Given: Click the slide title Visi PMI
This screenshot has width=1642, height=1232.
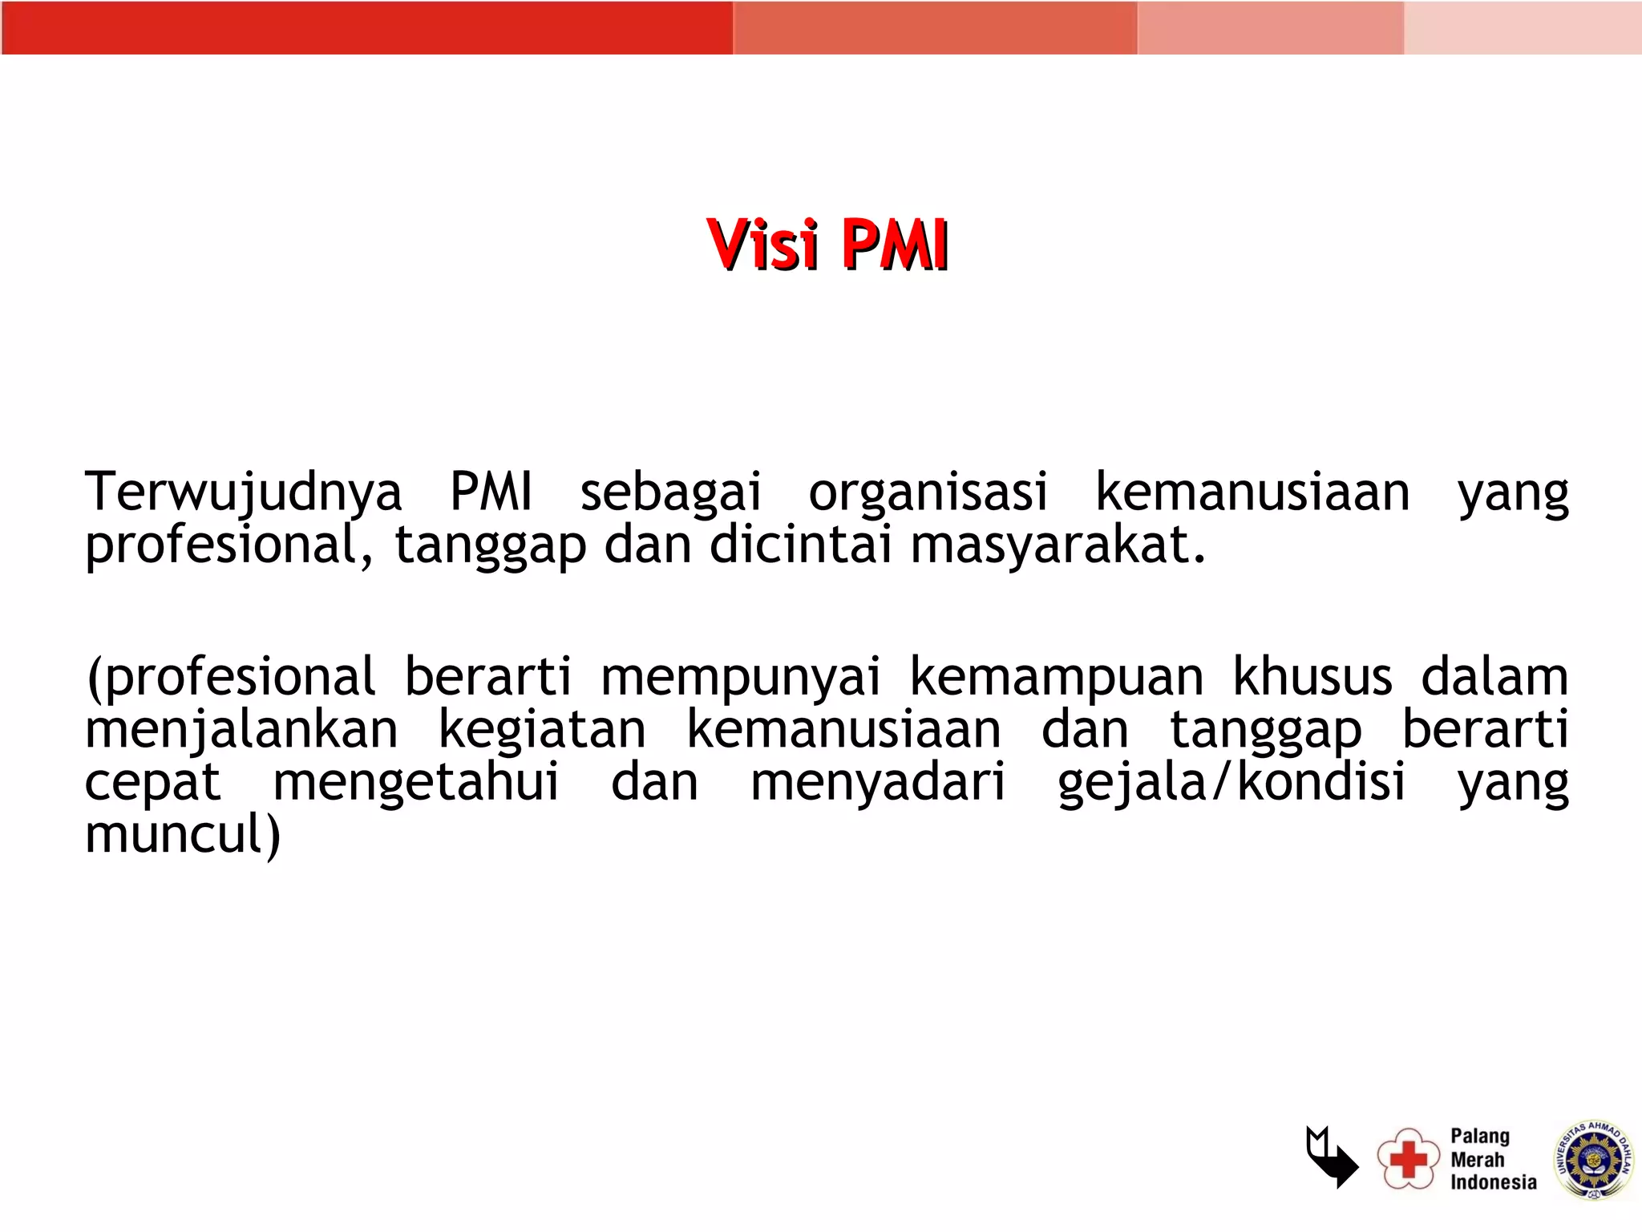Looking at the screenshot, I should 827,245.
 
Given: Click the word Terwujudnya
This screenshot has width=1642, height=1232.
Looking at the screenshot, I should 243,492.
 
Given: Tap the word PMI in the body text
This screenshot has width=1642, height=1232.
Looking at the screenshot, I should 491,492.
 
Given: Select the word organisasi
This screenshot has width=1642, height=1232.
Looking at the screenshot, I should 928,492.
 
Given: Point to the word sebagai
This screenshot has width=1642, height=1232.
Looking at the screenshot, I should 670,493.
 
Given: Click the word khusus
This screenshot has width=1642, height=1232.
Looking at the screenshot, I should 1312,677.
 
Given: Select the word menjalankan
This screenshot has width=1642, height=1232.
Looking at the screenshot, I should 241,731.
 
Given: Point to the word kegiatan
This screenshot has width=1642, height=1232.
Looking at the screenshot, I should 542,731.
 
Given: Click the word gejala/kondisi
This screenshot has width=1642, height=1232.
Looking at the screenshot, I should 1231,783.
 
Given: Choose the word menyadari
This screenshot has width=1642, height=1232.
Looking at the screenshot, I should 877,783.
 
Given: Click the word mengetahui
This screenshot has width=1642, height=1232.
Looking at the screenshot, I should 415,783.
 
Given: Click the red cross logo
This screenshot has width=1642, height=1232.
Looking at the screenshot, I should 1408,1158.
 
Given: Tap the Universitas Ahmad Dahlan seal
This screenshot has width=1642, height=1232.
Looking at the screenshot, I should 1594,1160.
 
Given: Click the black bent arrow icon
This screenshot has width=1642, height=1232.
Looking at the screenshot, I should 1332,1157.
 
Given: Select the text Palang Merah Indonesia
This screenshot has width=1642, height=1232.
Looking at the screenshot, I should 1492,1159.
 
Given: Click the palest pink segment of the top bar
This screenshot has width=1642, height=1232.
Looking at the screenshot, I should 1522,28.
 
